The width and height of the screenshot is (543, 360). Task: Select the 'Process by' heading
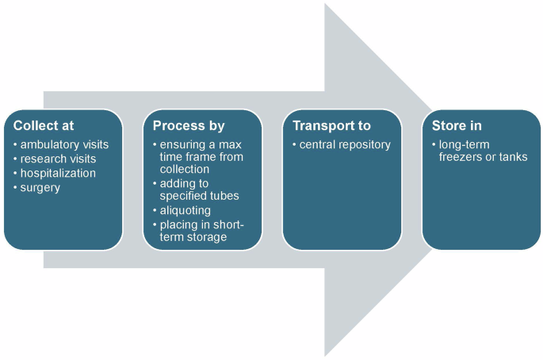(x=189, y=126)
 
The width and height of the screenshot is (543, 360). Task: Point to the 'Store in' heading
(x=457, y=126)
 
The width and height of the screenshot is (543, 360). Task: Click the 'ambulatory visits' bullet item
(x=64, y=144)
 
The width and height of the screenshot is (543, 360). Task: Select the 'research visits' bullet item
(x=58, y=159)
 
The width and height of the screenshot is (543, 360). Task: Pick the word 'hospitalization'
(x=58, y=173)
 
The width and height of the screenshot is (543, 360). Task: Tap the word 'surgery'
(x=40, y=187)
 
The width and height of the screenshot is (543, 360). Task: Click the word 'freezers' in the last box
(x=461, y=157)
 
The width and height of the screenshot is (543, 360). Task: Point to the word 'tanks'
(x=513, y=157)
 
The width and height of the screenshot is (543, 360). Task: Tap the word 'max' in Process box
(x=230, y=144)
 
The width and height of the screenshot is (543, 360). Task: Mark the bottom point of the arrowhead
(x=326, y=354)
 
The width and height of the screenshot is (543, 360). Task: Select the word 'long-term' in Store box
(x=465, y=144)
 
